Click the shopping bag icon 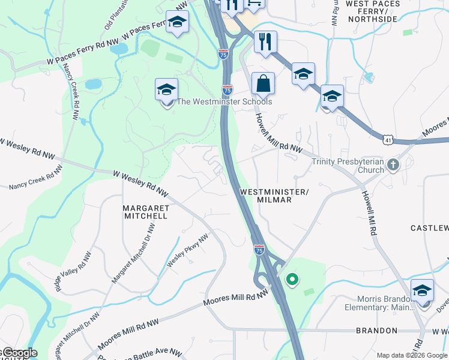point(263,84)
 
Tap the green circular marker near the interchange point(292,279)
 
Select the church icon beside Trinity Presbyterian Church point(393,164)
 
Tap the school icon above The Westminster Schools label point(167,90)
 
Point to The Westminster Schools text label point(224,101)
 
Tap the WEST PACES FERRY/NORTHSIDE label point(372,11)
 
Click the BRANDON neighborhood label point(376,331)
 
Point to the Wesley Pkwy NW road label point(187,251)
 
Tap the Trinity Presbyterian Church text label point(348,165)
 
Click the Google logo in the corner point(19,353)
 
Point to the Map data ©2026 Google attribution point(412,355)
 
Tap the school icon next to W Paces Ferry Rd point(177,23)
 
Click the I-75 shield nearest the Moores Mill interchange point(259,249)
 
